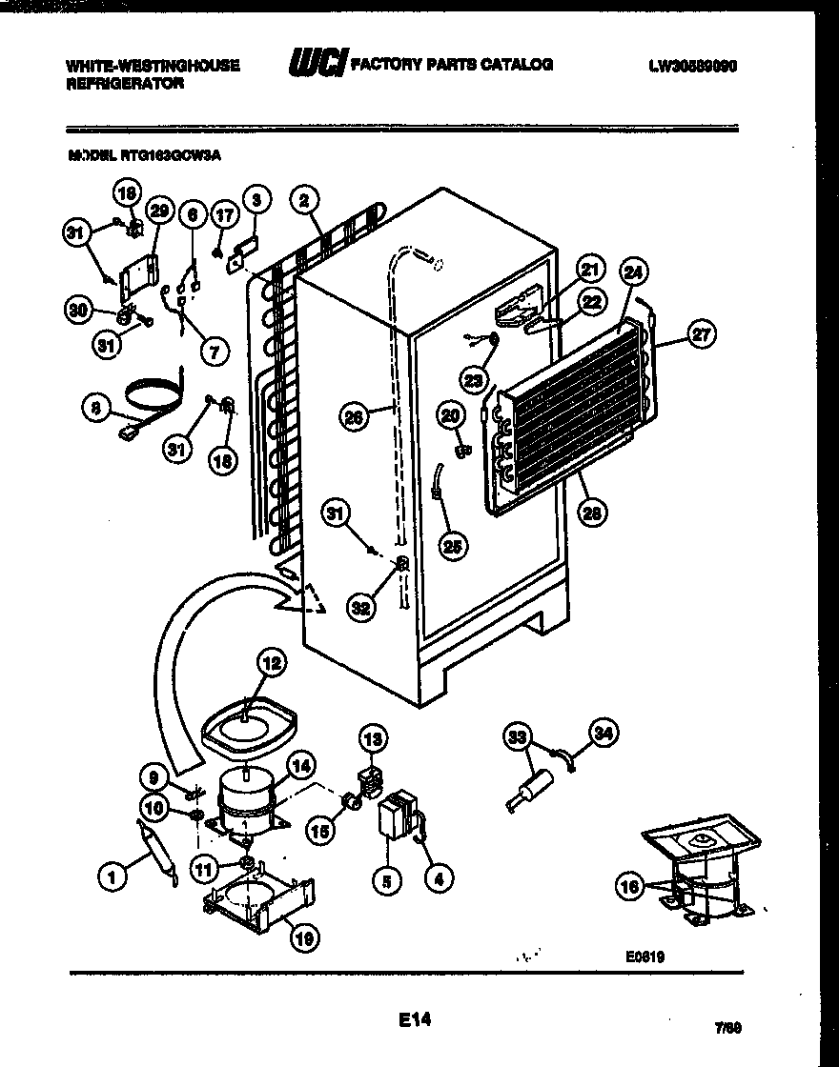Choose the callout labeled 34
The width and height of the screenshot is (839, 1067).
(604, 734)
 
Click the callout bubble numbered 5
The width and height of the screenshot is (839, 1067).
(386, 882)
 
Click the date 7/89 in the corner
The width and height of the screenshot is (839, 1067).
(727, 1028)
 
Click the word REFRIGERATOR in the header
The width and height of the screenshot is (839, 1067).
(124, 84)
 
